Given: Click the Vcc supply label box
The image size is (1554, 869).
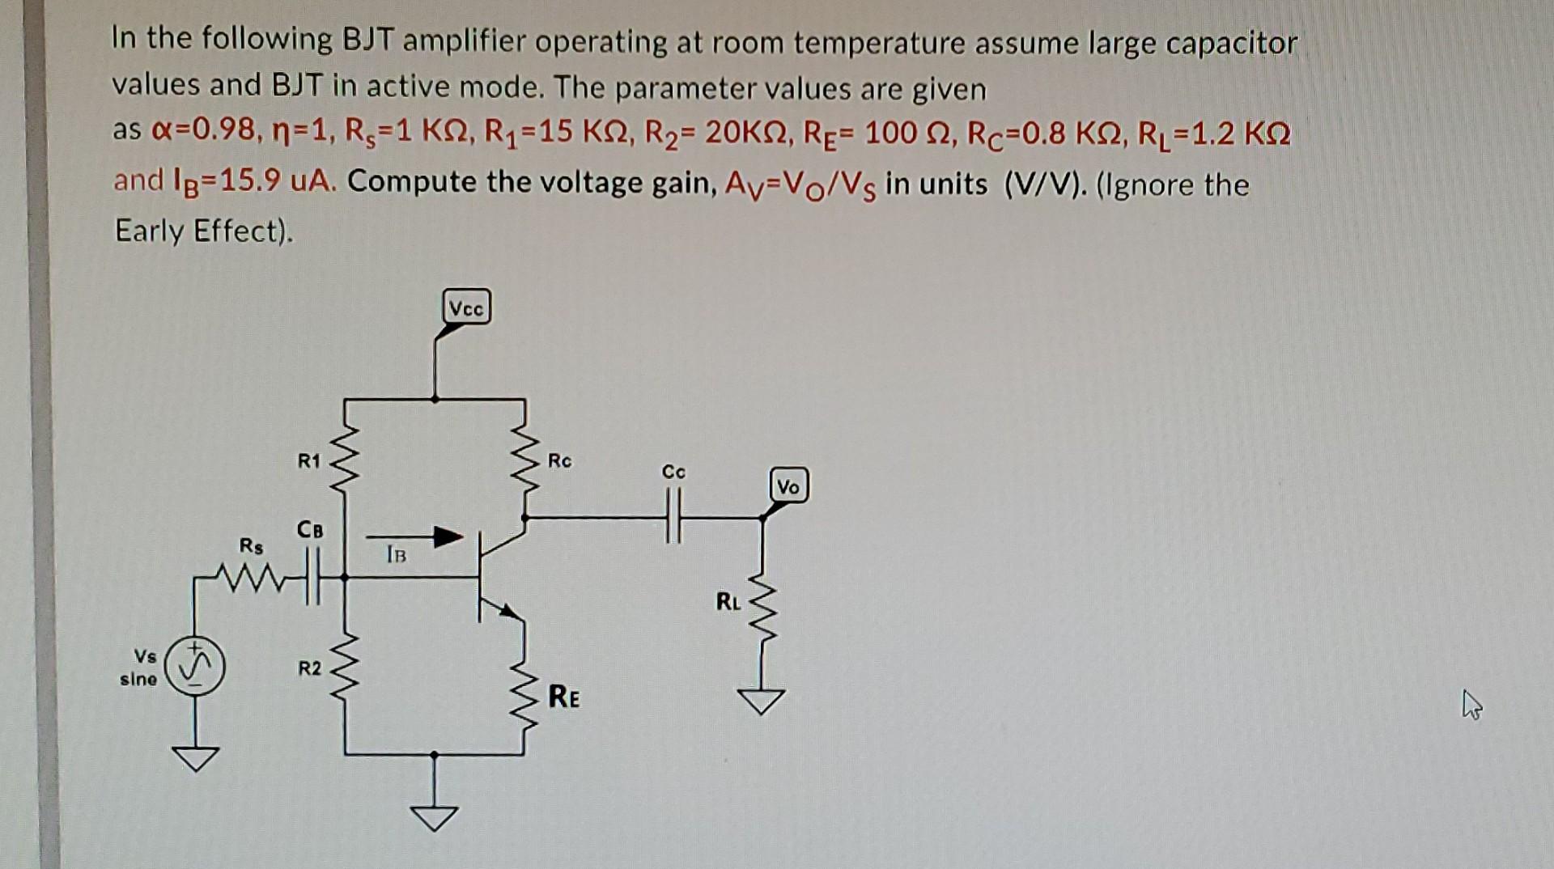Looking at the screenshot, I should point(467,308).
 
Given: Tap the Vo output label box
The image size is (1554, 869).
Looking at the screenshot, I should point(788,486).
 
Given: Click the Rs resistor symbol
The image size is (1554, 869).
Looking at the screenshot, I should point(252,576).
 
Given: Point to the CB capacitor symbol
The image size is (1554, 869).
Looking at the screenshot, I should point(312,576).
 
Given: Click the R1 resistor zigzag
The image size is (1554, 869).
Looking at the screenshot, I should point(346,461).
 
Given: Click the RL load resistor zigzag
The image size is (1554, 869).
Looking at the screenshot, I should point(762,612).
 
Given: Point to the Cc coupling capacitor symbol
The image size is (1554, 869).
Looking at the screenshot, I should point(673,517).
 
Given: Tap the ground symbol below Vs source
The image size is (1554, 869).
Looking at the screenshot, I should point(194,758).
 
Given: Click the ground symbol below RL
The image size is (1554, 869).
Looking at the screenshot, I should point(762,701).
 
